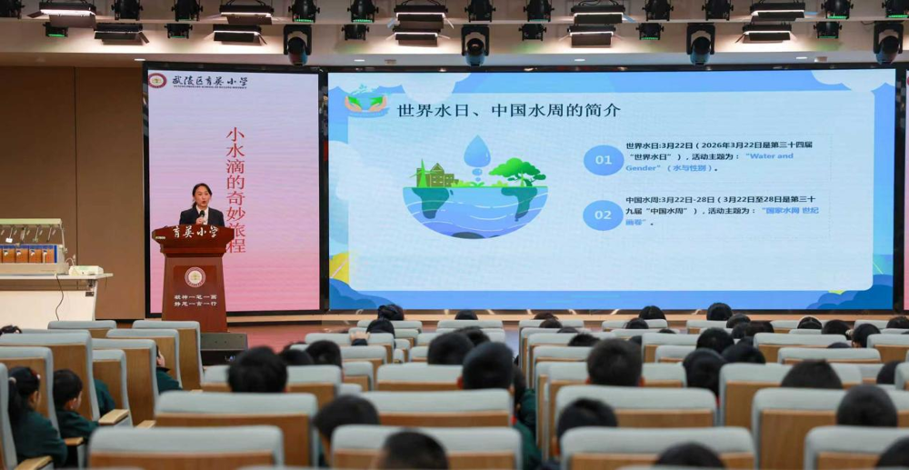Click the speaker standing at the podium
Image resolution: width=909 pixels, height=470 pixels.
(202, 207)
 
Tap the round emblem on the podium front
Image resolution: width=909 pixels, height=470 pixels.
(195, 276)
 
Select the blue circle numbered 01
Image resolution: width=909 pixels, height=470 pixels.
(603, 160)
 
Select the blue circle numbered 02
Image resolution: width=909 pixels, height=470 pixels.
(603, 215)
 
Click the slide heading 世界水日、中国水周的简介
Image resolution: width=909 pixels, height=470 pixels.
(509, 110)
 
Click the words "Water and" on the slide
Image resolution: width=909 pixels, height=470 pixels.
(768, 156)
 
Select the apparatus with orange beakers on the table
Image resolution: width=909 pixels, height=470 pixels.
(33, 245)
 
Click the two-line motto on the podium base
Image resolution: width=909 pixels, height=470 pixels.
(195, 301)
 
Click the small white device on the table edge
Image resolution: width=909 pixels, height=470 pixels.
(86, 270)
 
